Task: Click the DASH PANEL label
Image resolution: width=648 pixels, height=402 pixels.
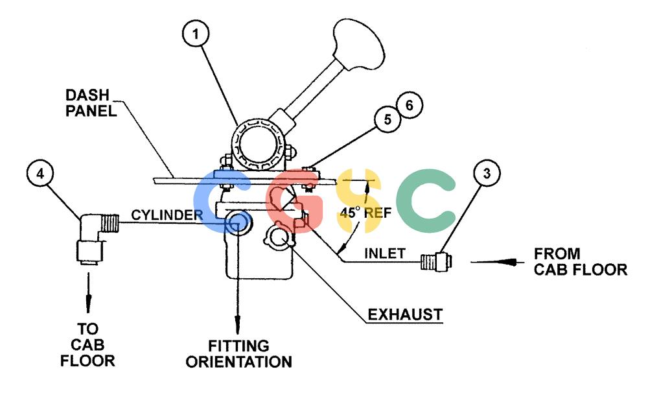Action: click(x=91, y=103)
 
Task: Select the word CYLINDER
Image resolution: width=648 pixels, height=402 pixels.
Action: click(x=167, y=215)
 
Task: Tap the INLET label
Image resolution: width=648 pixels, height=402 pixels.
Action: click(x=385, y=253)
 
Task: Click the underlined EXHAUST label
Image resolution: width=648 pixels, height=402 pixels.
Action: click(x=405, y=314)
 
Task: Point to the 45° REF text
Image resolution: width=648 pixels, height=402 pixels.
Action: click(x=365, y=213)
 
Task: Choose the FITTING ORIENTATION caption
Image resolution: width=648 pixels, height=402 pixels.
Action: click(x=239, y=353)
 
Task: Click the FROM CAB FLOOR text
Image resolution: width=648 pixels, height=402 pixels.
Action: click(x=580, y=261)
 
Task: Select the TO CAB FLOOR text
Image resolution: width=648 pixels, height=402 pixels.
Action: click(x=87, y=345)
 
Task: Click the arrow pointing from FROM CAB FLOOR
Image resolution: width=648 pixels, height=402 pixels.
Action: click(x=498, y=262)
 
